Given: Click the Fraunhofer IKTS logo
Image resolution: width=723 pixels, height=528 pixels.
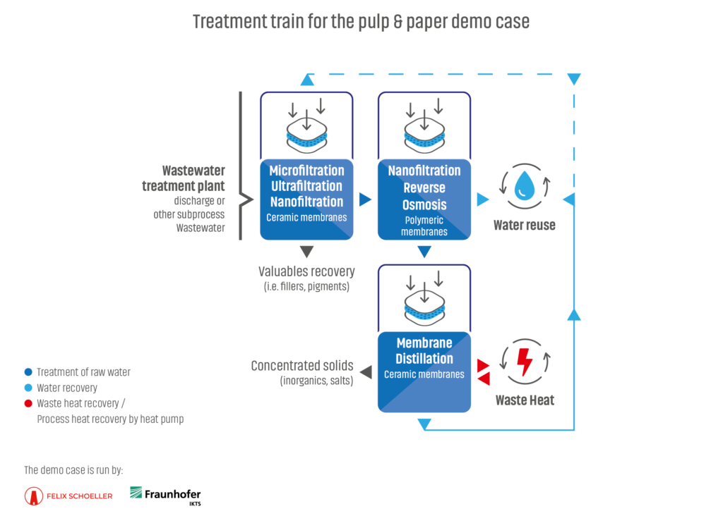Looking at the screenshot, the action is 165,496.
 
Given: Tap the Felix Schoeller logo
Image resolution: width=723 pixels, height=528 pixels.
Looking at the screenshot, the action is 68,496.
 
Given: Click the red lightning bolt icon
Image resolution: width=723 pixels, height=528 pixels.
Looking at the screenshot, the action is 525,362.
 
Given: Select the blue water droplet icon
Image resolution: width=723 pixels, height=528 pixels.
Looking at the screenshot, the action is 525,185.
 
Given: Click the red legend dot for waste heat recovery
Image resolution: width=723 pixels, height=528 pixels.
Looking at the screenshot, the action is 28,403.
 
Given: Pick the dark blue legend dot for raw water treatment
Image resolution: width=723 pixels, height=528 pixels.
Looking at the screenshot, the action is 28,372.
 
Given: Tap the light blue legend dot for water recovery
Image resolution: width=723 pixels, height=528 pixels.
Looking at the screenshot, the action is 28,388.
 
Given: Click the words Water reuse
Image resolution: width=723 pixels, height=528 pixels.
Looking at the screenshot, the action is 525,225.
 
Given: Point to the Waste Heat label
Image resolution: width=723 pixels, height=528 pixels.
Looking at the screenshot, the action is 525,400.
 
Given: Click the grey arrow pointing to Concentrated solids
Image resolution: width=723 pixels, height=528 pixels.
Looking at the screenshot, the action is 366,372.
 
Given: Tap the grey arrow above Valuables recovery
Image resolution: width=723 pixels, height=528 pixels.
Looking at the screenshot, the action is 306,252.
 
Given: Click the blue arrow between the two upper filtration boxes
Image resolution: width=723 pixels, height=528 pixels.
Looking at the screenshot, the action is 365,199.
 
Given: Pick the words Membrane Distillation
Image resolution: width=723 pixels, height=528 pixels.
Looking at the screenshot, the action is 424,351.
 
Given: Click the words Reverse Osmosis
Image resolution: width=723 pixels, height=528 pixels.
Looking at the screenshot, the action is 424,196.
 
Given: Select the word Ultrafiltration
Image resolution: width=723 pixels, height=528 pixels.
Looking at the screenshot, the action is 306,186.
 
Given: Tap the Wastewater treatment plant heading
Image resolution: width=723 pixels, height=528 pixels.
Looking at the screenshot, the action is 184,178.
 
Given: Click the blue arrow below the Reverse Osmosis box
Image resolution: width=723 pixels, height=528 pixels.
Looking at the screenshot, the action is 424,252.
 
